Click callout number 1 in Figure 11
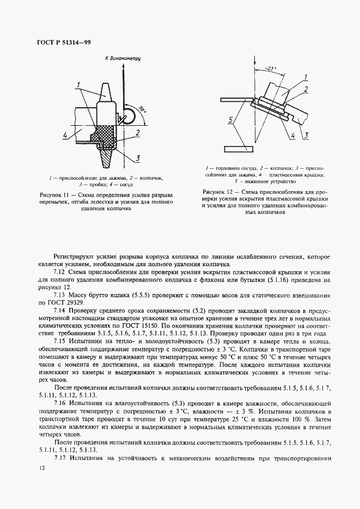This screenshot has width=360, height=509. (79, 84)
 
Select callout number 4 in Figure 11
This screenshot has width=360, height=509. (65, 134)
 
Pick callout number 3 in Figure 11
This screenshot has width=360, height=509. (139, 158)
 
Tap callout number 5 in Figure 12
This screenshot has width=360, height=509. (231, 119)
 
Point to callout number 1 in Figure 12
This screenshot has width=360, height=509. (306, 77)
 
